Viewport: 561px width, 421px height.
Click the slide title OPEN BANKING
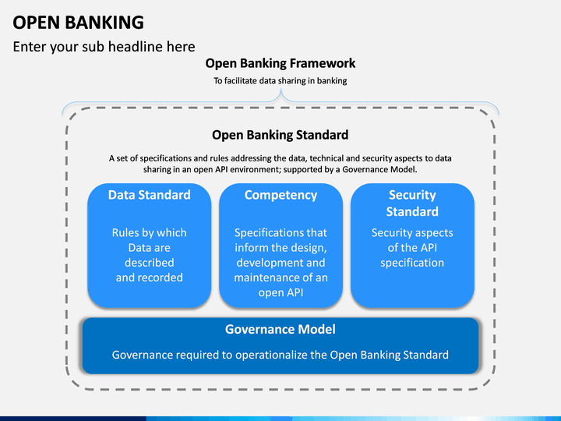(x=79, y=23)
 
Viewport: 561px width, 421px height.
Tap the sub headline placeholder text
(x=104, y=47)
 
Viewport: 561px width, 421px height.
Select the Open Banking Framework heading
(x=280, y=63)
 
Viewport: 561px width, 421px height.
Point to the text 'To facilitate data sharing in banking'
(x=280, y=81)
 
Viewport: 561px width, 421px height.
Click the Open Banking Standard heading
(x=280, y=135)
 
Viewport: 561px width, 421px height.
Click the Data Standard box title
(x=149, y=195)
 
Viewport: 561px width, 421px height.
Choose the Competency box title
(x=280, y=196)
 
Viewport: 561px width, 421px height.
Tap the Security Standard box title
(x=412, y=203)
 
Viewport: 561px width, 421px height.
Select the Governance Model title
(x=280, y=329)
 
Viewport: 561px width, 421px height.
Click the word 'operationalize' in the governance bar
(x=272, y=356)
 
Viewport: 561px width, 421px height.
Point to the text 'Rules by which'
(x=149, y=233)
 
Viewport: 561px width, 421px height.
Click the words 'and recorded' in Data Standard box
(x=149, y=278)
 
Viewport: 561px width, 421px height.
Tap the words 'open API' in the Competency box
(x=280, y=293)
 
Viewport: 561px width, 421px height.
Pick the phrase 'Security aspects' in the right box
(x=412, y=233)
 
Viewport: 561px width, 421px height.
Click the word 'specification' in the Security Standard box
(x=412, y=264)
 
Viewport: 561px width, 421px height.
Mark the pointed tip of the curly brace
(x=280, y=90)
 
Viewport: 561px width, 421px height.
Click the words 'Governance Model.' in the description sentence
(x=379, y=169)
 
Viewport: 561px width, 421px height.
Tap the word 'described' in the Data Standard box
(x=149, y=263)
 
